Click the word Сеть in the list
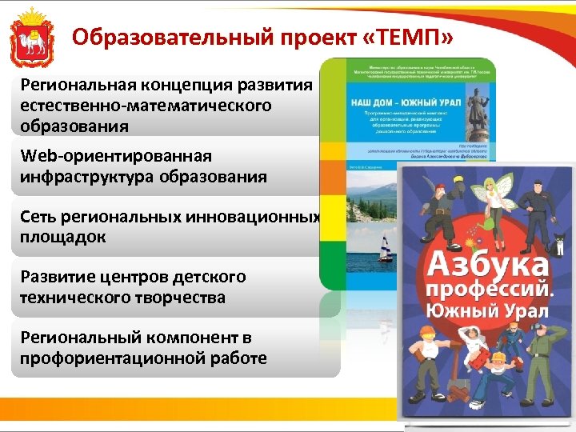(40, 217)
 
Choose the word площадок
(63, 237)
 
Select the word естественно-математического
(146, 106)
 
